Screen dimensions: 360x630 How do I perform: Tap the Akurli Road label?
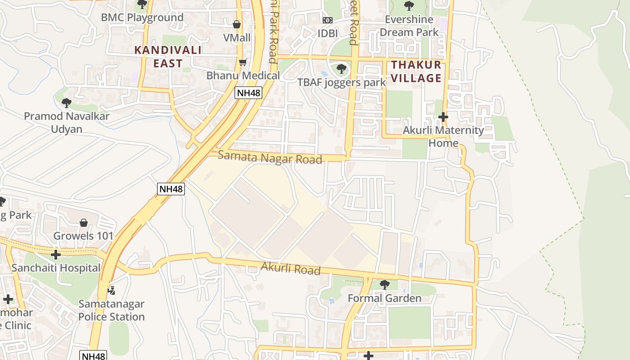coord(291,269)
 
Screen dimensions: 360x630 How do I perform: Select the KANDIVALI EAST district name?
coord(168,56)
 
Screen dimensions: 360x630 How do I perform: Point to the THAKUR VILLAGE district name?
coord(416,72)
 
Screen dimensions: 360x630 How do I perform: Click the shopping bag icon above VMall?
coord(237,24)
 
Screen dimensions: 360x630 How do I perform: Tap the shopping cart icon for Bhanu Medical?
coord(243,62)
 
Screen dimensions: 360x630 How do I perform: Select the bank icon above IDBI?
coord(328,20)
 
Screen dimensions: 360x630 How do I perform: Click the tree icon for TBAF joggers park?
coord(342,69)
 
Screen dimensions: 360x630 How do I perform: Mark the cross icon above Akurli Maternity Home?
coord(443,117)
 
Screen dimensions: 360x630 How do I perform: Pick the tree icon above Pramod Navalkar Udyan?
coord(67,103)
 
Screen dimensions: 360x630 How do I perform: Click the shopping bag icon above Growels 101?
coord(84,223)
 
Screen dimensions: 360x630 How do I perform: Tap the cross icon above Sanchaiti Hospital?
coord(56,255)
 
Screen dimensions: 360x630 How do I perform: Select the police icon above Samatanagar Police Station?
coord(111,290)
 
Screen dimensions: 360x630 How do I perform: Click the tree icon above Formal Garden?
coord(384,285)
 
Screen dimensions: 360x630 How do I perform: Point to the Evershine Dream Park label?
coord(409,26)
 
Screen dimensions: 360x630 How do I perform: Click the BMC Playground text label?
coord(142,18)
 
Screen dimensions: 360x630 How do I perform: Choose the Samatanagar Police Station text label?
coord(112,310)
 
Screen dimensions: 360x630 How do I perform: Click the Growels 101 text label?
coord(84,236)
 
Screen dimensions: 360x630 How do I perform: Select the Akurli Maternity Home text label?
coord(443,136)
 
